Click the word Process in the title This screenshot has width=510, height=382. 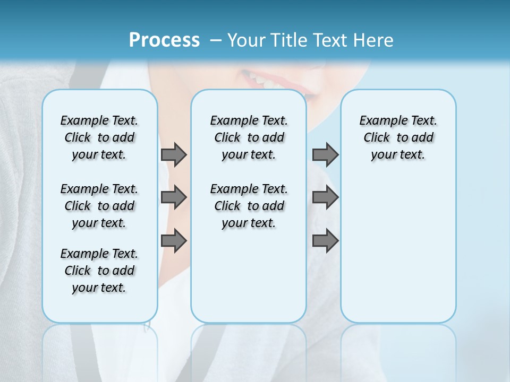(164, 40)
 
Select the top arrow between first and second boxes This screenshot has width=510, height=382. (174, 154)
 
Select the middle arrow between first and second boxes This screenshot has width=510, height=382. (174, 197)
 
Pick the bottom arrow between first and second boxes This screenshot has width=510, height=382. (174, 241)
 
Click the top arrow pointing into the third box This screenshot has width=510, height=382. (325, 154)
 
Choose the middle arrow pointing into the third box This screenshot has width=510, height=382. (325, 197)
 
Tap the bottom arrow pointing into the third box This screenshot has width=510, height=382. (325, 241)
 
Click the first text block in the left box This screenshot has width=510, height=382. (99, 137)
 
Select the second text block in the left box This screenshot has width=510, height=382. (99, 206)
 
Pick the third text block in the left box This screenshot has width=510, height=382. (99, 271)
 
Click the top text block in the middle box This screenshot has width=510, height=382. (249, 137)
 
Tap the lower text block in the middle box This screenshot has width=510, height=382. (249, 206)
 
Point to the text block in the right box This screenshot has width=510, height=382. (398, 137)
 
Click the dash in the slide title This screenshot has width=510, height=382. (216, 41)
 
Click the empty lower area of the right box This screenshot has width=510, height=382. (398, 255)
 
